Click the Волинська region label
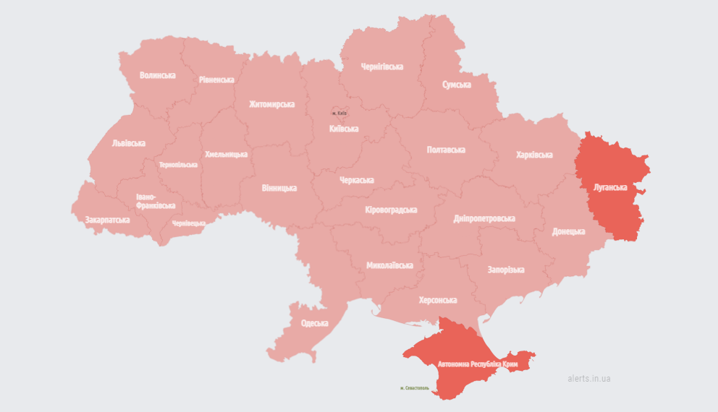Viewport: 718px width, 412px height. tap(158, 75)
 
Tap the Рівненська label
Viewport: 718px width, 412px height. tap(216, 80)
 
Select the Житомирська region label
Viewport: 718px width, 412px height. tap(271, 104)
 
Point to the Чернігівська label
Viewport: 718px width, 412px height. tap(381, 66)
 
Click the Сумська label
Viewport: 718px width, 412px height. tap(457, 85)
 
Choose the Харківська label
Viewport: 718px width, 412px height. tap(534, 155)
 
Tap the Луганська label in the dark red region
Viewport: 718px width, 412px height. tap(609, 187)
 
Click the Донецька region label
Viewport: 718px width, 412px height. tap(568, 231)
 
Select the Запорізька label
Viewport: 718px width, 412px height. tap(505, 270)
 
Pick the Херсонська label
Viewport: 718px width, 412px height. tap(438, 300)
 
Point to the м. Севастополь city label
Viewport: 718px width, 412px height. tap(415, 388)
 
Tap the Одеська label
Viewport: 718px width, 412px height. tap(314, 323)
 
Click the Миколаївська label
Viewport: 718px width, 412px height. tap(389, 265)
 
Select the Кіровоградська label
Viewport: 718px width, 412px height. tap(391, 210)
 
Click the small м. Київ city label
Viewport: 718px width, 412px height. tap(339, 113)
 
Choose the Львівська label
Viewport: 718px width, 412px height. tap(129, 143)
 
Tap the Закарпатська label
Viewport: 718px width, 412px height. tap(107, 220)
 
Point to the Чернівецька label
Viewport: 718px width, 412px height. tap(188, 223)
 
